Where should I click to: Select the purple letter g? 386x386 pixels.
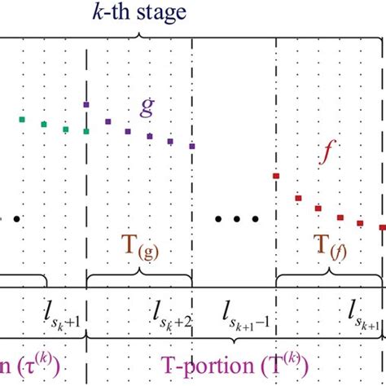(x=147, y=108)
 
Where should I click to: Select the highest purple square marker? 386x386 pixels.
(x=86, y=104)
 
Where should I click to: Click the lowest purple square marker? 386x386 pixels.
(x=192, y=147)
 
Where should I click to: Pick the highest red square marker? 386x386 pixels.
(x=276, y=176)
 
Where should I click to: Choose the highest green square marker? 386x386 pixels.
(x=23, y=120)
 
